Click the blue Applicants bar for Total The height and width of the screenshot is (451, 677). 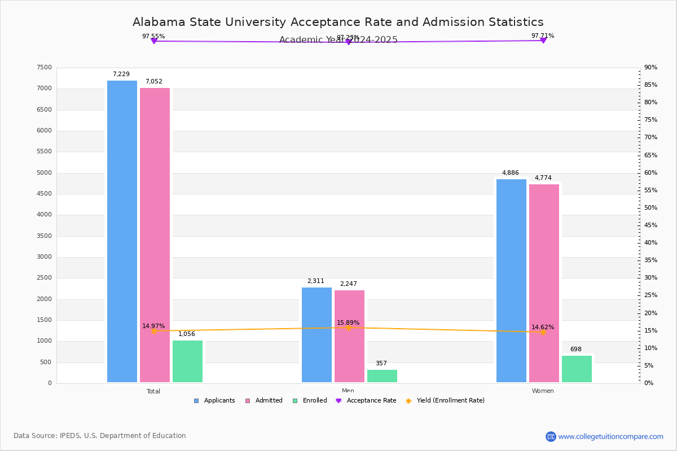[x=122, y=231]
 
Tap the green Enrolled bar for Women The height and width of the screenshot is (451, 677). [x=577, y=369]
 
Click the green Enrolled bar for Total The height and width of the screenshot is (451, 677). [x=187, y=361]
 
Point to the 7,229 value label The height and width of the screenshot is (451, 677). [x=121, y=74]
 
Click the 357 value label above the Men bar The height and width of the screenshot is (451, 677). [x=381, y=364]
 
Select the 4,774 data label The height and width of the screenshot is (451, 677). [x=543, y=178]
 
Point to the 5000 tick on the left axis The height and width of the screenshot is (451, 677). [x=44, y=173]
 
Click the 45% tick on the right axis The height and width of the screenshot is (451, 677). [x=650, y=225]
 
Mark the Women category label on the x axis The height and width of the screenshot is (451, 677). [x=543, y=391]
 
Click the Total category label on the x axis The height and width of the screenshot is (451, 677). [x=153, y=391]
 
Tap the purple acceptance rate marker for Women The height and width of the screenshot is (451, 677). [x=543, y=41]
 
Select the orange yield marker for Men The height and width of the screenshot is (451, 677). [x=348, y=328]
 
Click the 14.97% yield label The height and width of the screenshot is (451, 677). [x=153, y=326]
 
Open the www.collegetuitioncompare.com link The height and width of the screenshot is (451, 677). [x=610, y=436]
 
